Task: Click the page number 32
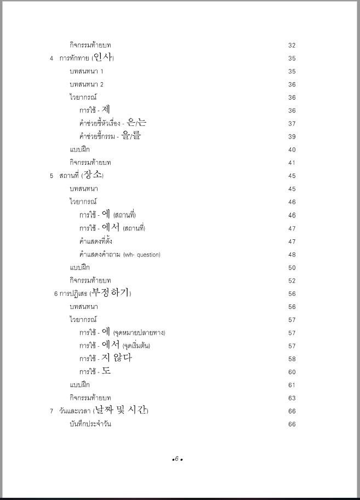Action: click(292, 45)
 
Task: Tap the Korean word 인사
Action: click(103, 58)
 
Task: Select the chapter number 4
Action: click(52, 59)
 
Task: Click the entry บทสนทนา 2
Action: click(87, 84)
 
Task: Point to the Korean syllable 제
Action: click(106, 110)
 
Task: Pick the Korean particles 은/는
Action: click(136, 123)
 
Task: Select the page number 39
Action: click(292, 137)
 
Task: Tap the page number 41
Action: click(292, 163)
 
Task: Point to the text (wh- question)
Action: click(141, 255)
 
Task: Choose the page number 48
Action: click(292, 255)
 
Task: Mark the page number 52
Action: click(292, 281)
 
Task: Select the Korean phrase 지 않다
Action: click(117, 358)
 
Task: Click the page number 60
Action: click(292, 372)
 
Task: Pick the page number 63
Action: click(292, 398)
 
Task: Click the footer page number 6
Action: click(177, 458)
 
